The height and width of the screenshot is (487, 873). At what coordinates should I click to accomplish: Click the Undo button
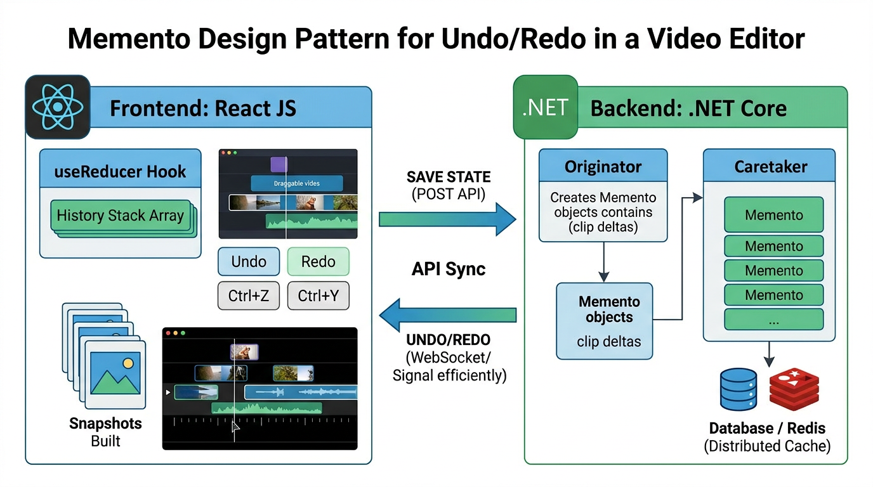249,262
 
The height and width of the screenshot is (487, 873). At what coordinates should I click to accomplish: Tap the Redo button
318,262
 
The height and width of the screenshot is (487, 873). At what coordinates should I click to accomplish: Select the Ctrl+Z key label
249,295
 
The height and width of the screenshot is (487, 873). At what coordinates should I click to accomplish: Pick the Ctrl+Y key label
318,295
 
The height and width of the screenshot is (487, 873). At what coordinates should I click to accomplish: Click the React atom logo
58,107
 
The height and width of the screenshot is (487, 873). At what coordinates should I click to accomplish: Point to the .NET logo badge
545,107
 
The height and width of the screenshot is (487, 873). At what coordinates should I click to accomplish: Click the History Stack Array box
121,216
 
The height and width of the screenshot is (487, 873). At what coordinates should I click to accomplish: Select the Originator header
603,167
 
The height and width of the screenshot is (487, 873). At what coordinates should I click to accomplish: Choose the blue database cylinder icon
738,389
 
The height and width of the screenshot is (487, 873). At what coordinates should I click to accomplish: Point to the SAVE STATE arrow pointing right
447,219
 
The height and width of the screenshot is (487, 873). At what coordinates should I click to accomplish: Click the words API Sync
449,268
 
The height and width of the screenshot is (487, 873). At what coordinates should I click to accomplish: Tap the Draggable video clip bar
297,184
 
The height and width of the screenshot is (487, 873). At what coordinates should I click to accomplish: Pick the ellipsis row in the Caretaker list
773,320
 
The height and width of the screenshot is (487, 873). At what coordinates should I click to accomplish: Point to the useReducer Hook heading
121,171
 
